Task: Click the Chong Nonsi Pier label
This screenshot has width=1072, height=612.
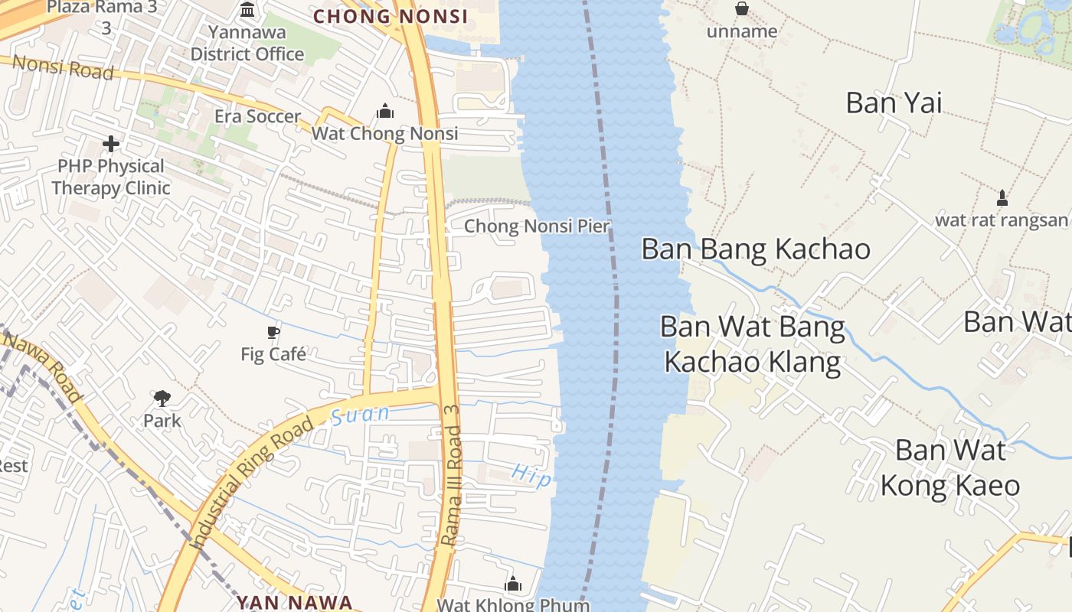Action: tap(537, 226)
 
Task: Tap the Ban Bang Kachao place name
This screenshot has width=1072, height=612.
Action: tap(756, 249)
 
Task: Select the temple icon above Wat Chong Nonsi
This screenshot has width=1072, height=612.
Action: tap(385, 112)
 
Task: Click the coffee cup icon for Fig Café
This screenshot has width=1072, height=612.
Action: tap(273, 332)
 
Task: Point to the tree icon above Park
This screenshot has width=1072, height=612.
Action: tap(162, 398)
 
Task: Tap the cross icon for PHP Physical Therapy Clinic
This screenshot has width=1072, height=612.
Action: tap(111, 144)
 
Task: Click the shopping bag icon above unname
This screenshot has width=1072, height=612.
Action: tap(742, 9)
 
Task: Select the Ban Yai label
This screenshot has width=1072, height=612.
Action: tap(894, 103)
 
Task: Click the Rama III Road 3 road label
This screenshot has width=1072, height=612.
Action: tap(453, 486)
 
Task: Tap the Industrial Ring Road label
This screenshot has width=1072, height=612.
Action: tap(253, 482)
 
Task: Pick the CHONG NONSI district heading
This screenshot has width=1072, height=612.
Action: tap(391, 16)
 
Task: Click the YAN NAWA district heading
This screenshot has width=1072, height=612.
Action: tap(294, 602)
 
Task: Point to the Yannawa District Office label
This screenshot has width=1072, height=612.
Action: tap(247, 44)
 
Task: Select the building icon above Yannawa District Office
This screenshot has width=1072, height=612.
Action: tap(248, 10)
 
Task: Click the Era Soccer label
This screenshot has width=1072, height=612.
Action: tap(257, 116)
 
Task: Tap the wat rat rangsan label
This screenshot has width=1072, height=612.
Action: tap(1001, 220)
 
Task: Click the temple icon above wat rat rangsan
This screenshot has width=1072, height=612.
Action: tap(1002, 198)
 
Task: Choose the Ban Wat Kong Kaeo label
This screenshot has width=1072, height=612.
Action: tap(949, 467)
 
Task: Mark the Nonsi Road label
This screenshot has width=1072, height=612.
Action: tap(64, 68)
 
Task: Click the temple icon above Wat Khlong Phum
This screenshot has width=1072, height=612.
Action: tap(513, 584)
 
